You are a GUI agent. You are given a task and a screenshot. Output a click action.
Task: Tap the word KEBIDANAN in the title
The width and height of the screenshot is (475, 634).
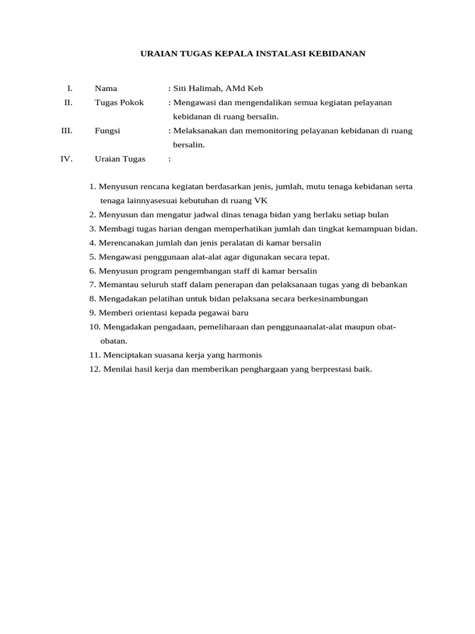tap(335, 54)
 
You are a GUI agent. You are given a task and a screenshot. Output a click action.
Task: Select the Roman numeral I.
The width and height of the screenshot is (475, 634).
tap(70, 89)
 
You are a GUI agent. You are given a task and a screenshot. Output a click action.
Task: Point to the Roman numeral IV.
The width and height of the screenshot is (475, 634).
tap(66, 158)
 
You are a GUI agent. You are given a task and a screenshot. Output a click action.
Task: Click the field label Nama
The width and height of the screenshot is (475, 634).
tap(106, 89)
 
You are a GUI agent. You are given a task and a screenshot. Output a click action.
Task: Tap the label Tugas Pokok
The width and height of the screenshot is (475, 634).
tap(119, 102)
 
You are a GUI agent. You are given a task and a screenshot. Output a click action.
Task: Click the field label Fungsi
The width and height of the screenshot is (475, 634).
tap(108, 131)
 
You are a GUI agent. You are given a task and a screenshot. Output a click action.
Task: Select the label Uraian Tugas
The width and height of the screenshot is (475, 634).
tap(120, 158)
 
